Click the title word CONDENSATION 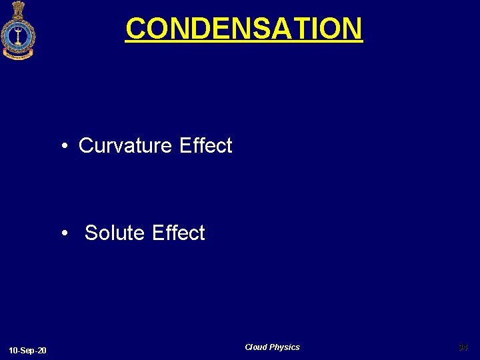click(x=244, y=29)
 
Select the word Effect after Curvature click(x=206, y=145)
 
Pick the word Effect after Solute click(x=179, y=233)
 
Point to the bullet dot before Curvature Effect click(x=65, y=146)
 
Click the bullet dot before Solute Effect click(x=65, y=233)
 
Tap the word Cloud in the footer click(x=255, y=347)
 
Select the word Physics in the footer click(x=285, y=347)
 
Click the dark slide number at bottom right click(x=463, y=347)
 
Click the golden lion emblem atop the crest click(x=18, y=9)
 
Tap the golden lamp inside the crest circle click(x=18, y=34)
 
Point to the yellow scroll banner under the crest click(x=18, y=55)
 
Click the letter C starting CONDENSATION click(x=135, y=29)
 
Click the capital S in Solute click(x=91, y=233)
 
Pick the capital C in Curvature click(x=86, y=145)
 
